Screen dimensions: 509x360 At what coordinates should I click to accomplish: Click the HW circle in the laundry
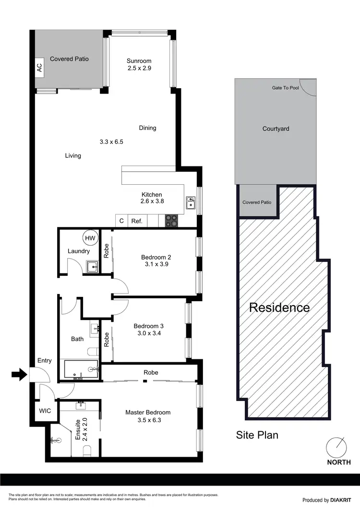[x=90, y=237]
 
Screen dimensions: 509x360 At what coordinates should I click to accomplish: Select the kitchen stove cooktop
[x=172, y=221]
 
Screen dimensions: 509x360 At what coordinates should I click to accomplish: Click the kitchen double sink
[x=191, y=203]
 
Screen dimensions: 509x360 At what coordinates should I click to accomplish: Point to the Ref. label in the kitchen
[x=137, y=221]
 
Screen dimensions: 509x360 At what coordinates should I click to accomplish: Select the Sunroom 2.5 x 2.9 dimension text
[x=139, y=69]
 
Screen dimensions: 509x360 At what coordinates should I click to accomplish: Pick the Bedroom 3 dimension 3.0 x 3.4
[x=148, y=335]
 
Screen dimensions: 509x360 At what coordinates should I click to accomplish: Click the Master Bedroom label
[x=148, y=412]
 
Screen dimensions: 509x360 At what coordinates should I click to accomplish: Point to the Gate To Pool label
[x=285, y=88]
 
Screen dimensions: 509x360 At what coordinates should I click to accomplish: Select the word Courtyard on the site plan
[x=276, y=129]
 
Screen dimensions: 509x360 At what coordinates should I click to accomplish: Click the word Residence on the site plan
[x=279, y=308]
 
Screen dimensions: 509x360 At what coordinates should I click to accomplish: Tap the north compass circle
[x=336, y=448]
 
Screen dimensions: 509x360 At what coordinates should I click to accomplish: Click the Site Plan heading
[x=257, y=435]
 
